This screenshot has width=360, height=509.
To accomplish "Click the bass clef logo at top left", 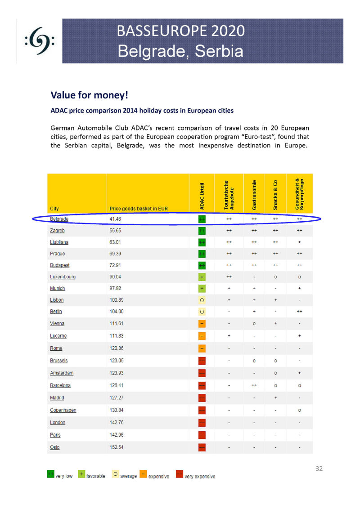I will [x=40, y=42].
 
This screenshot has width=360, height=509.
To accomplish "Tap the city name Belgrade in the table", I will [x=59, y=219].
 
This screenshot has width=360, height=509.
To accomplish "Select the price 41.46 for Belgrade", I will [x=115, y=219].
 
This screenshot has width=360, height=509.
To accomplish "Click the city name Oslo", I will [x=55, y=447].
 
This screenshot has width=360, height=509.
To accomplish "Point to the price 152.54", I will [x=117, y=447].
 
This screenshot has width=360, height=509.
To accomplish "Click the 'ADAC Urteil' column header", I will [x=202, y=196].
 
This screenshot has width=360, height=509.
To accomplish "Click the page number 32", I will [x=319, y=469].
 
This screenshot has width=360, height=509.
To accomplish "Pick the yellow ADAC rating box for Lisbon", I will [x=202, y=300].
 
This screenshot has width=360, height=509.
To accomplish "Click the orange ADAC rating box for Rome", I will [x=202, y=348].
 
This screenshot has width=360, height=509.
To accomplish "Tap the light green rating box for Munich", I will [x=202, y=288].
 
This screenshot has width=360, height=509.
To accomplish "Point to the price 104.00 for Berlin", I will [x=117, y=311].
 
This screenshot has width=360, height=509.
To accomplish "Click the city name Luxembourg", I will [x=63, y=277].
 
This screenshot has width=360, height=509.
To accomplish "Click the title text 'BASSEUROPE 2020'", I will [x=180, y=31].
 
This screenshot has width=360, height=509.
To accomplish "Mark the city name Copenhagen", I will [x=63, y=410].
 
